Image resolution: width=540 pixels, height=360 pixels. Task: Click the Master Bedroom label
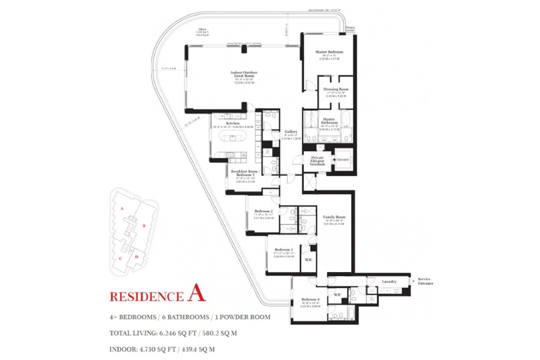coord(329,52)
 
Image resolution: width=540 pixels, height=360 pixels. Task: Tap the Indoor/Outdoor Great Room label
coord(244,74)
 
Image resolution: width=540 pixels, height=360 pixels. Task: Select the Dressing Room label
coord(336,89)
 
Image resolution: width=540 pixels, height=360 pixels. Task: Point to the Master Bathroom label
coord(329,121)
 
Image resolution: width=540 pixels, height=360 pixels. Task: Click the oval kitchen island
coord(233,139)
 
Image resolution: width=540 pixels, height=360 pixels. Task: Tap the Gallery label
coord(291,132)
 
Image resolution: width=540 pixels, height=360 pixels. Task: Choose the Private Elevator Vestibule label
coord(318,161)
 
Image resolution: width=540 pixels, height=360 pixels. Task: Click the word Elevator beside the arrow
coord(343,160)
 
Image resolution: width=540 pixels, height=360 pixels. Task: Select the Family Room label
coord(334,217)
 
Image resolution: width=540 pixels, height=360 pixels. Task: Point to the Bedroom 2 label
coord(264,211)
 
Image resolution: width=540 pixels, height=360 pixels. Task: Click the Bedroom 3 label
coord(282,249)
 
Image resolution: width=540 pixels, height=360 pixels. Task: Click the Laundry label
coord(389,282)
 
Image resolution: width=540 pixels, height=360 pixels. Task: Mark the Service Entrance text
coord(425,282)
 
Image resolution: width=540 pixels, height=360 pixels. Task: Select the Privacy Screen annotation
coord(350,29)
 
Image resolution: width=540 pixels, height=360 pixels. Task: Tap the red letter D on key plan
coord(136,257)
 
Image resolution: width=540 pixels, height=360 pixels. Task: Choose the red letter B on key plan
coord(144,226)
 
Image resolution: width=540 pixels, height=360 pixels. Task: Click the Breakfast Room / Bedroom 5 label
coord(244,173)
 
